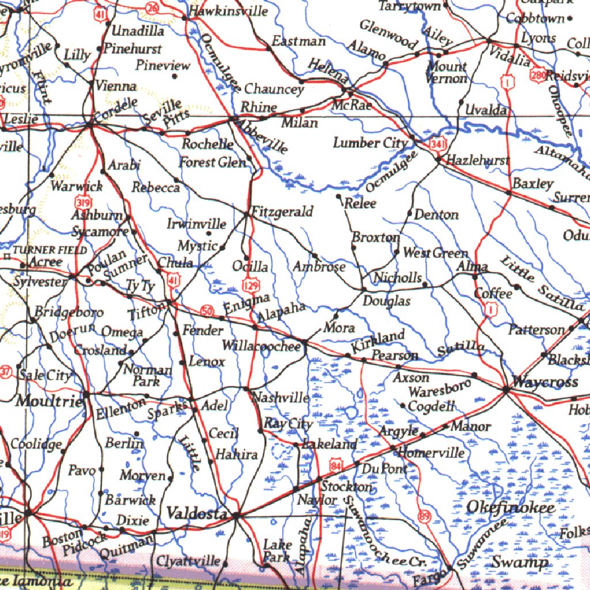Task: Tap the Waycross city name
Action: pyautogui.click(x=536, y=382)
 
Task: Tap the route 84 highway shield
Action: pyautogui.click(x=337, y=464)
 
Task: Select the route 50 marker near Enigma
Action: pyautogui.click(x=207, y=311)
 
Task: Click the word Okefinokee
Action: pyautogui.click(x=510, y=508)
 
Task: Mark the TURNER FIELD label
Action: pyautogui.click(x=50, y=250)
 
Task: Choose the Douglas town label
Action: pyautogui.click(x=387, y=301)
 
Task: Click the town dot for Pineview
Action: pyautogui.click(x=174, y=75)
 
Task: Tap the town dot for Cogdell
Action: pyautogui.click(x=403, y=406)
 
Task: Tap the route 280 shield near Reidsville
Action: pyautogui.click(x=539, y=75)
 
